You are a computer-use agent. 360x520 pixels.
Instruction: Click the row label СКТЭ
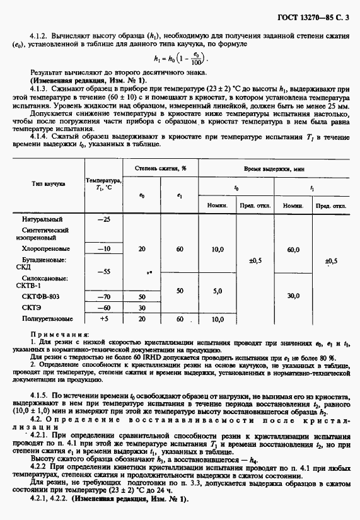click(x=40, y=308)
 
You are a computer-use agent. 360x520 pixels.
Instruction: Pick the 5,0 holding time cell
click(x=218, y=291)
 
